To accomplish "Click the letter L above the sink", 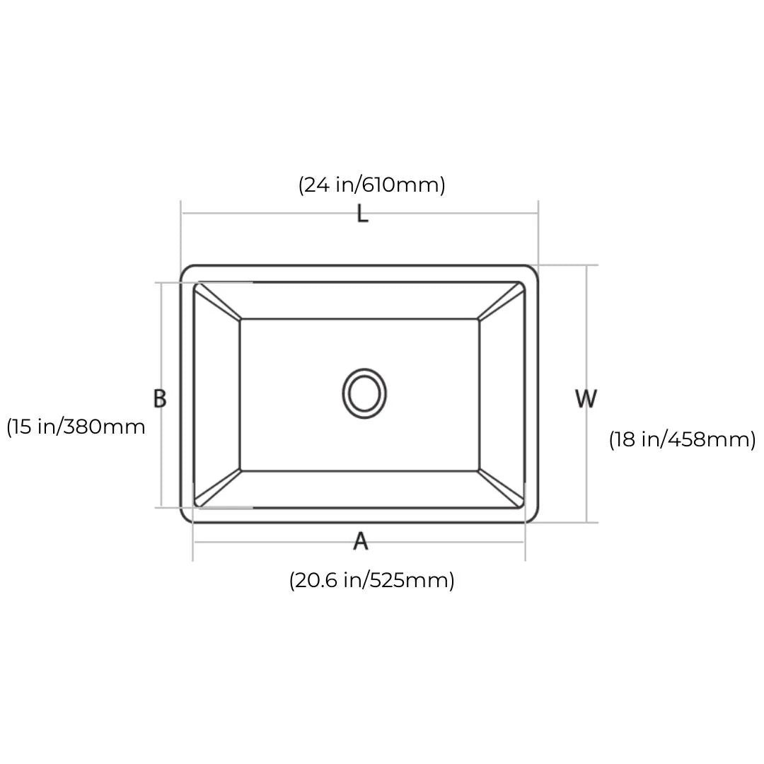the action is [362, 214].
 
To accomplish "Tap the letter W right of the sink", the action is [586, 398].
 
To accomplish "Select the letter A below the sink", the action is [361, 541].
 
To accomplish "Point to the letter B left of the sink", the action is [160, 398].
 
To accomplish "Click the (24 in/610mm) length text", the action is [372, 185].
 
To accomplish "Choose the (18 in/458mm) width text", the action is [682, 439].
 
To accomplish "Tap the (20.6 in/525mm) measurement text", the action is [372, 580].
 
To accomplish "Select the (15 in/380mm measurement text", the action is [76, 427].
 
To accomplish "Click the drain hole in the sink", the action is [364, 393].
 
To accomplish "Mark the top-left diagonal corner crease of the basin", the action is [218, 302].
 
